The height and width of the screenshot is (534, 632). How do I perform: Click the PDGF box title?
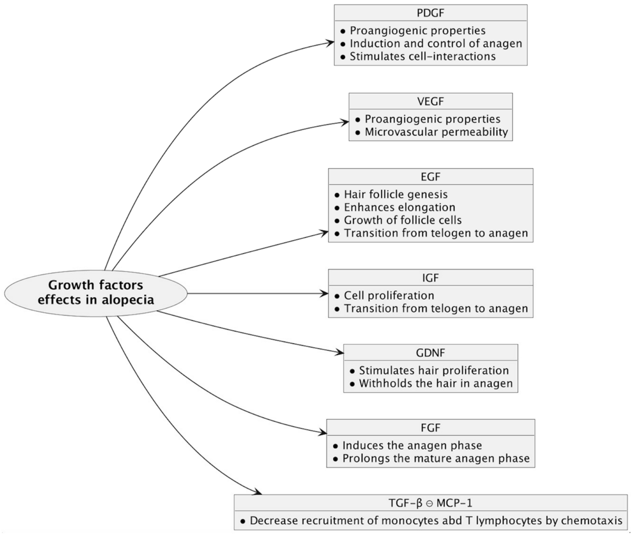[x=430, y=13]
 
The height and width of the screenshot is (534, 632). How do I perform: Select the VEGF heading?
[x=430, y=101]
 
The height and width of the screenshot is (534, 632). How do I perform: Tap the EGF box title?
[x=430, y=177]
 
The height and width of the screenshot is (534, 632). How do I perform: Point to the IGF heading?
[x=430, y=278]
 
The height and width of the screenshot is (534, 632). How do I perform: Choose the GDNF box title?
[x=430, y=353]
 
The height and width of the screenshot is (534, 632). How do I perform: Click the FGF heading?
[x=430, y=428]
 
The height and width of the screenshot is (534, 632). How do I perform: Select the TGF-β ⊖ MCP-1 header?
[x=430, y=503]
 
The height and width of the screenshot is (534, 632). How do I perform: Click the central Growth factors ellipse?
[x=96, y=293]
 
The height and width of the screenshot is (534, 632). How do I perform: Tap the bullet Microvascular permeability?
[x=436, y=132]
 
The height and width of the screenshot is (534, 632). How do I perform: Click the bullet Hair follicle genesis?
[x=395, y=194]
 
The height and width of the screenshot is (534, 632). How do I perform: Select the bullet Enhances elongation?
[x=399, y=207]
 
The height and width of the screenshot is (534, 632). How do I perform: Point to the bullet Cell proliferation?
[x=389, y=295]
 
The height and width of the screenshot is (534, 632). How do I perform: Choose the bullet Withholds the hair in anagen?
[x=435, y=383]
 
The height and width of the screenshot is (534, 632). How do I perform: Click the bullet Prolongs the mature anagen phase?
[x=435, y=458]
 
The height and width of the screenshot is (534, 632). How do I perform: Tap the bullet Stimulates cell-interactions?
[x=422, y=56]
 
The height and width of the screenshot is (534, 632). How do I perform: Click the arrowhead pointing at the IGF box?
[x=325, y=293]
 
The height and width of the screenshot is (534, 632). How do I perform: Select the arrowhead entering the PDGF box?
[x=331, y=42]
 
